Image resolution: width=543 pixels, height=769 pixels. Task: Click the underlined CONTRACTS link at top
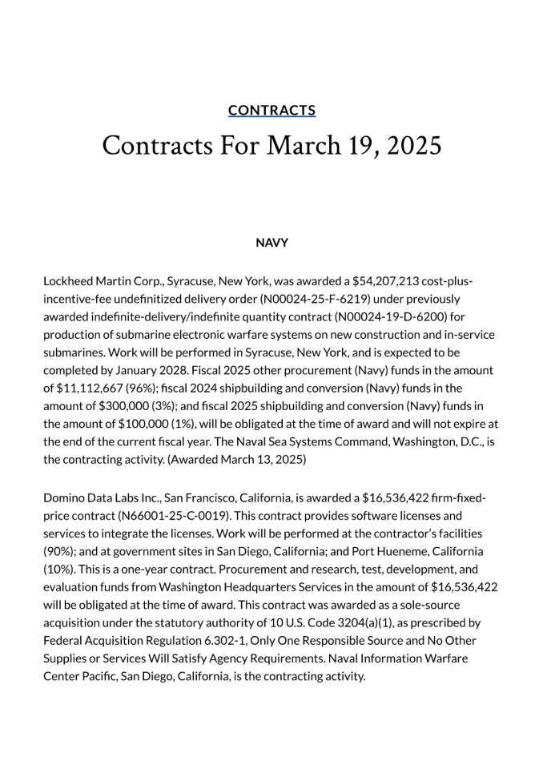tap(271, 111)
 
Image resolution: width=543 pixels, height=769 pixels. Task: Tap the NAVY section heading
tap(271, 243)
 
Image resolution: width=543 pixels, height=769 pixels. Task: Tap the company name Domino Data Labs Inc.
tap(99, 498)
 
